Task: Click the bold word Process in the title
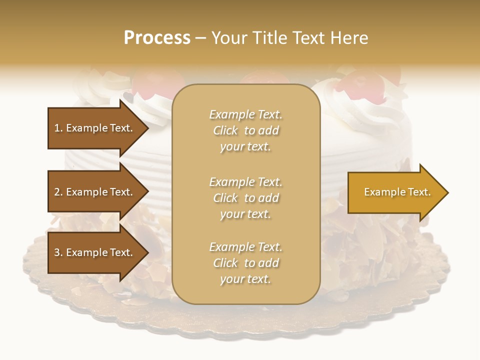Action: (x=157, y=38)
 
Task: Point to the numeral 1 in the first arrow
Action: (x=57, y=128)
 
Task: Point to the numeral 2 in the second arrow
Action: (x=57, y=192)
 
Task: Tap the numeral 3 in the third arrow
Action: (x=57, y=252)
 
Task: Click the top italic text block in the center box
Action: (x=245, y=130)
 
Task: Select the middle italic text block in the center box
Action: (x=245, y=198)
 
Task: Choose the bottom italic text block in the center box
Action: (x=245, y=263)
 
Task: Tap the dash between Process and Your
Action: (x=200, y=38)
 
